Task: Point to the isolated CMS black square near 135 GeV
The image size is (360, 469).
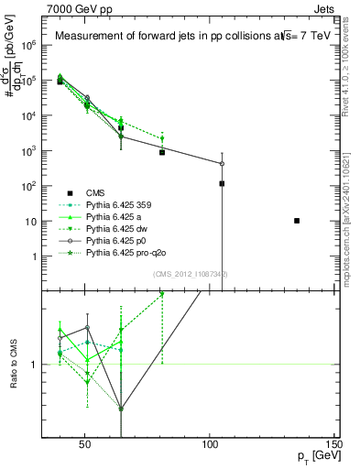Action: coord(296,221)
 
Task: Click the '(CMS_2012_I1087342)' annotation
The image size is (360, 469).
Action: coord(191,274)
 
